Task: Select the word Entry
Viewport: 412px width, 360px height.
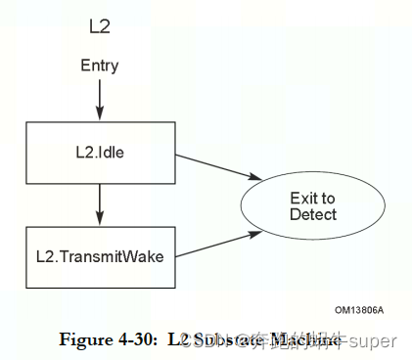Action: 99,67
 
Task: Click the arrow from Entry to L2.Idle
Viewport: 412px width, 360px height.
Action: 99,98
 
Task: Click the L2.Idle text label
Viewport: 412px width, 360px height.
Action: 99,153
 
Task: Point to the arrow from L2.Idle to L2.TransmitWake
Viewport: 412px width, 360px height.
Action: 99,203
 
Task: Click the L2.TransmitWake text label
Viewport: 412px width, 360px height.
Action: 99,257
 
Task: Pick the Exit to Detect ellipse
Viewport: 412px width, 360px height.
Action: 313,206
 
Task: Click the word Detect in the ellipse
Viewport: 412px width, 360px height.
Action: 313,215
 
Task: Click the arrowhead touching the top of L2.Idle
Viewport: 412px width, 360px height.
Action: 99,115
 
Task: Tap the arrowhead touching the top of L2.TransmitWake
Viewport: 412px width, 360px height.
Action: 99,220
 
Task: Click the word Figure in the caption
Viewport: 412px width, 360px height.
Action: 84,339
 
